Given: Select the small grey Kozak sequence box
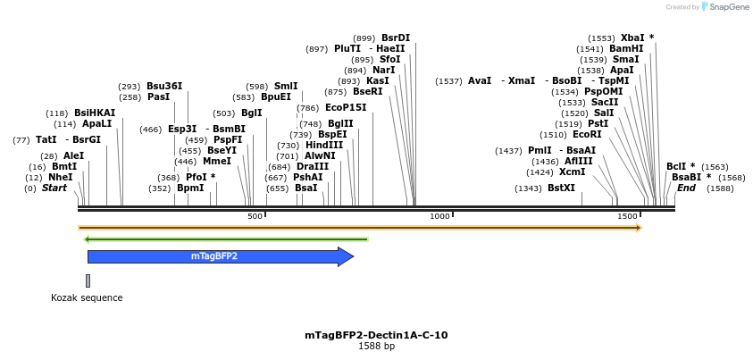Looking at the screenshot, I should (88, 280).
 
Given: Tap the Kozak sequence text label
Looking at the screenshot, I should (87, 297).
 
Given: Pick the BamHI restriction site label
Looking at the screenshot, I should (626, 48).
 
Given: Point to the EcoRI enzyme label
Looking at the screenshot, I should (587, 134).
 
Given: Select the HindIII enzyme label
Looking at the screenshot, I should (323, 145).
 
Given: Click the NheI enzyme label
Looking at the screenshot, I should (61, 177).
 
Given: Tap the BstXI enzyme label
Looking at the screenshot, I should (561, 188).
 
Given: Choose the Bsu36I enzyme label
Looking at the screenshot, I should (164, 86).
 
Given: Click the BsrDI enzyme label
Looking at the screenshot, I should (396, 38).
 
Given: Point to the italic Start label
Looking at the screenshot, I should (54, 188).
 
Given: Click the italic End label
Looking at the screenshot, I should (686, 188).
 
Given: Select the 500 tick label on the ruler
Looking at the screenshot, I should (255, 217).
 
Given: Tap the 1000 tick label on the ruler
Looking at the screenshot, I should (439, 217).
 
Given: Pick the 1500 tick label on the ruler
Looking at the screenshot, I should (627, 217).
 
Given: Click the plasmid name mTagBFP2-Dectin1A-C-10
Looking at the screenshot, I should (376, 335).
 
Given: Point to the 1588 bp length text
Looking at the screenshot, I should (376, 346).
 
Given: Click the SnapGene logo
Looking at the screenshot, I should (725, 7).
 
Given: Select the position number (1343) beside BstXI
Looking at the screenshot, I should (528, 188).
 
